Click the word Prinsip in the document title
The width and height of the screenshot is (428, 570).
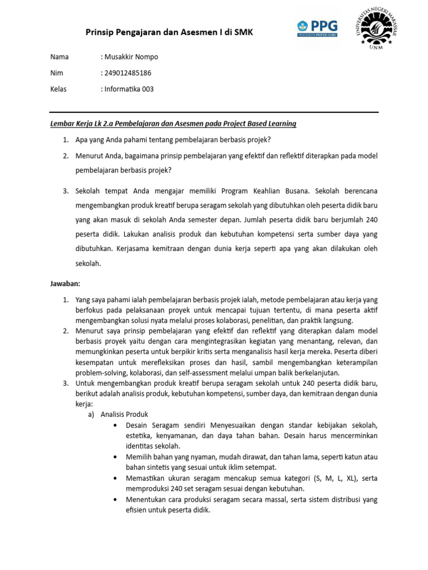pyautogui.click(x=99, y=33)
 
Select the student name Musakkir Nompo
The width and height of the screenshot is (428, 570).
pyautogui.click(x=131, y=57)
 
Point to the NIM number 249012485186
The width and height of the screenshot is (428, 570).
pyautogui.click(x=128, y=73)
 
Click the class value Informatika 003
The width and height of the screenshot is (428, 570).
pyautogui.click(x=129, y=89)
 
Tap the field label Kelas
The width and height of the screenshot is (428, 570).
pyautogui.click(x=59, y=89)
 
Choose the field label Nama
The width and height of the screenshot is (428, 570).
pyautogui.click(x=60, y=57)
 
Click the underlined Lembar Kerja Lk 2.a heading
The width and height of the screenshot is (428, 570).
pyautogui.click(x=173, y=124)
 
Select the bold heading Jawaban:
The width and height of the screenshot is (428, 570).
pyautogui.click(x=66, y=284)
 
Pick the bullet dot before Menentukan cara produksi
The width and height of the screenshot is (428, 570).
pyautogui.click(x=114, y=500)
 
